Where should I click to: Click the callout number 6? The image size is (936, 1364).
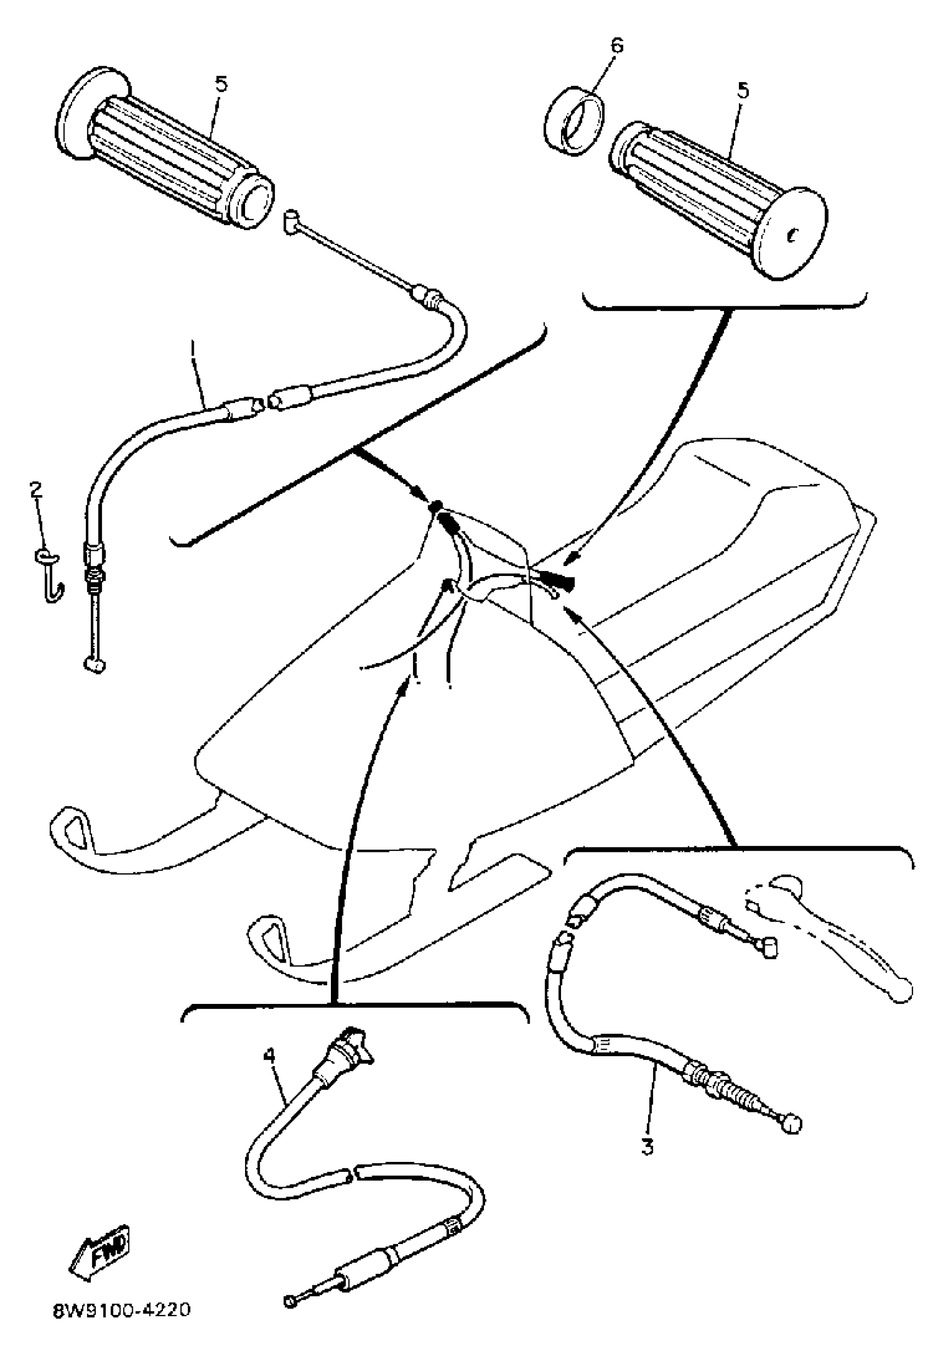click(x=617, y=46)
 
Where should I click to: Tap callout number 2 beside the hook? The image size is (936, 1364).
click(x=36, y=490)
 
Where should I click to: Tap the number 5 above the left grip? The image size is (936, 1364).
click(x=221, y=84)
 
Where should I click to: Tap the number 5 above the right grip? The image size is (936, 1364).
click(x=743, y=91)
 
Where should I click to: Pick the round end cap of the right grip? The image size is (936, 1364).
click(x=792, y=233)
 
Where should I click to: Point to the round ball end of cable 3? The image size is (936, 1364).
click(x=791, y=1124)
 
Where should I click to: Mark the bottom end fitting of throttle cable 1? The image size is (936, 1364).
click(x=94, y=665)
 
